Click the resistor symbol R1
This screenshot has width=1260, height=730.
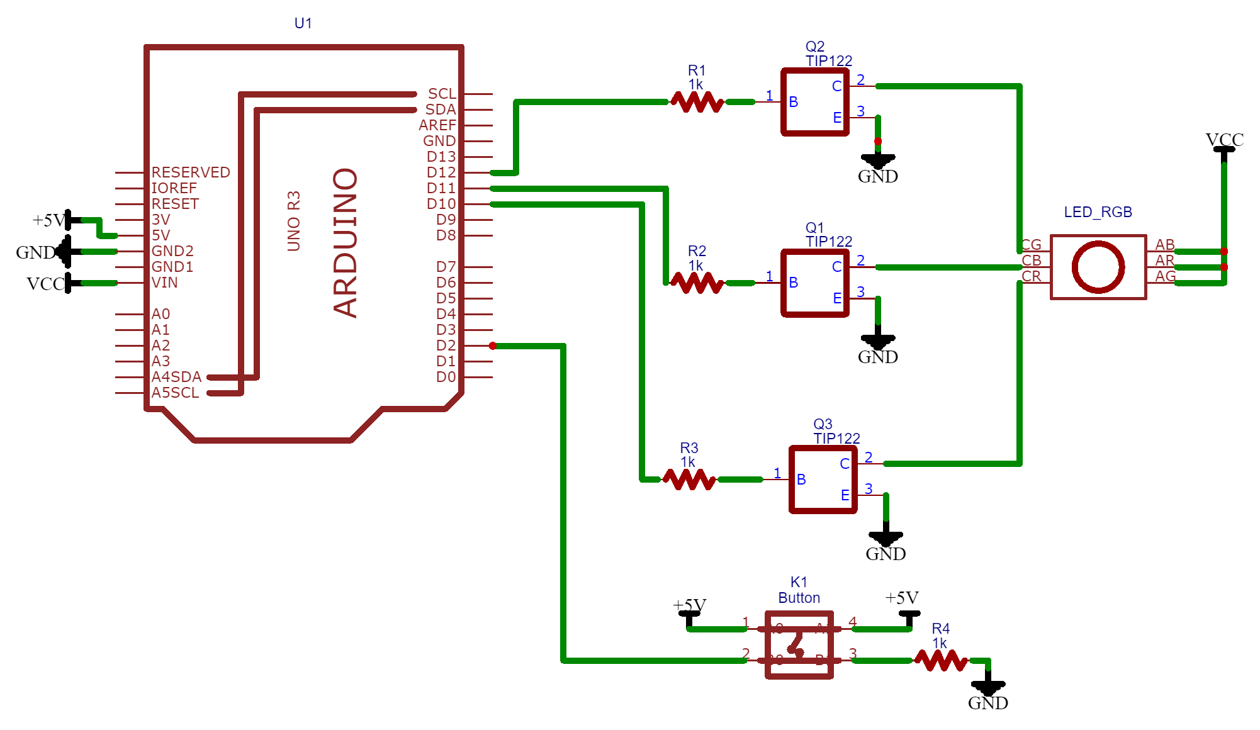point(696,102)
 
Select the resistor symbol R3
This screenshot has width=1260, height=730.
point(689,480)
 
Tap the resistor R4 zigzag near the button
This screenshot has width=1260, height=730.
point(940,661)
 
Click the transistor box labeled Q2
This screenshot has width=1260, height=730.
point(815,102)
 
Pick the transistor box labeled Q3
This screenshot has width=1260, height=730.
point(823,480)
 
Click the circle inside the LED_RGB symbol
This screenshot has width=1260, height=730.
point(1098,267)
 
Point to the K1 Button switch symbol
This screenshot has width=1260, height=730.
point(799,645)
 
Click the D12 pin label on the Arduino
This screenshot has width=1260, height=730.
point(441,172)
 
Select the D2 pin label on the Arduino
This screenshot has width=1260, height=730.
point(446,345)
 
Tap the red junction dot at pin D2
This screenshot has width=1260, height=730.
point(492,345)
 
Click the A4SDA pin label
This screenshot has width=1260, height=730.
point(176,377)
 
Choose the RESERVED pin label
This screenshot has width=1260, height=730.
point(191,172)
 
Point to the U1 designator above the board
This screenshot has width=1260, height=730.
point(303,23)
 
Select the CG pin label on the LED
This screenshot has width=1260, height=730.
point(1031,245)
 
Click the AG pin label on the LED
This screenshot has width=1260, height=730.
point(1164,276)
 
